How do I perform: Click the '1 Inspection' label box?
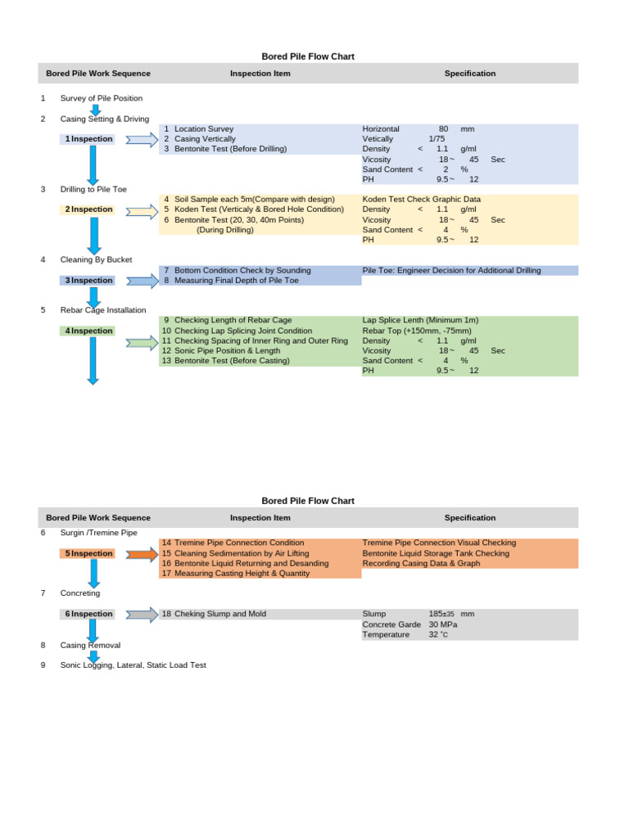(x=89, y=139)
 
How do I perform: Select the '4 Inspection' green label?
(x=89, y=331)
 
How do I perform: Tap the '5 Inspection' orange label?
(x=89, y=554)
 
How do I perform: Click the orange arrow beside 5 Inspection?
(x=142, y=554)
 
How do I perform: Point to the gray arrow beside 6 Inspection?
(x=142, y=615)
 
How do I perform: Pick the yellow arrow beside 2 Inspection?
(x=142, y=210)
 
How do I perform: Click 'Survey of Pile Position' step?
(x=102, y=99)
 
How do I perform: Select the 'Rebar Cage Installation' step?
(x=103, y=310)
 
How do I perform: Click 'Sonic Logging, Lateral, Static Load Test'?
(x=133, y=665)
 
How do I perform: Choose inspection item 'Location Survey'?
(x=204, y=129)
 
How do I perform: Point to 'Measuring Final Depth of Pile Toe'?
(x=237, y=281)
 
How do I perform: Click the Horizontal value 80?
(x=443, y=129)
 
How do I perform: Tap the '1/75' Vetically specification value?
(x=437, y=139)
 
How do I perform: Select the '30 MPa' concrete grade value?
(x=443, y=624)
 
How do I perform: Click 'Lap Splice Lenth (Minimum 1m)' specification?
(x=420, y=321)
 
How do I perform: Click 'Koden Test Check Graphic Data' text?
(x=422, y=200)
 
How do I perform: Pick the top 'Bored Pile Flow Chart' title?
(x=308, y=56)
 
